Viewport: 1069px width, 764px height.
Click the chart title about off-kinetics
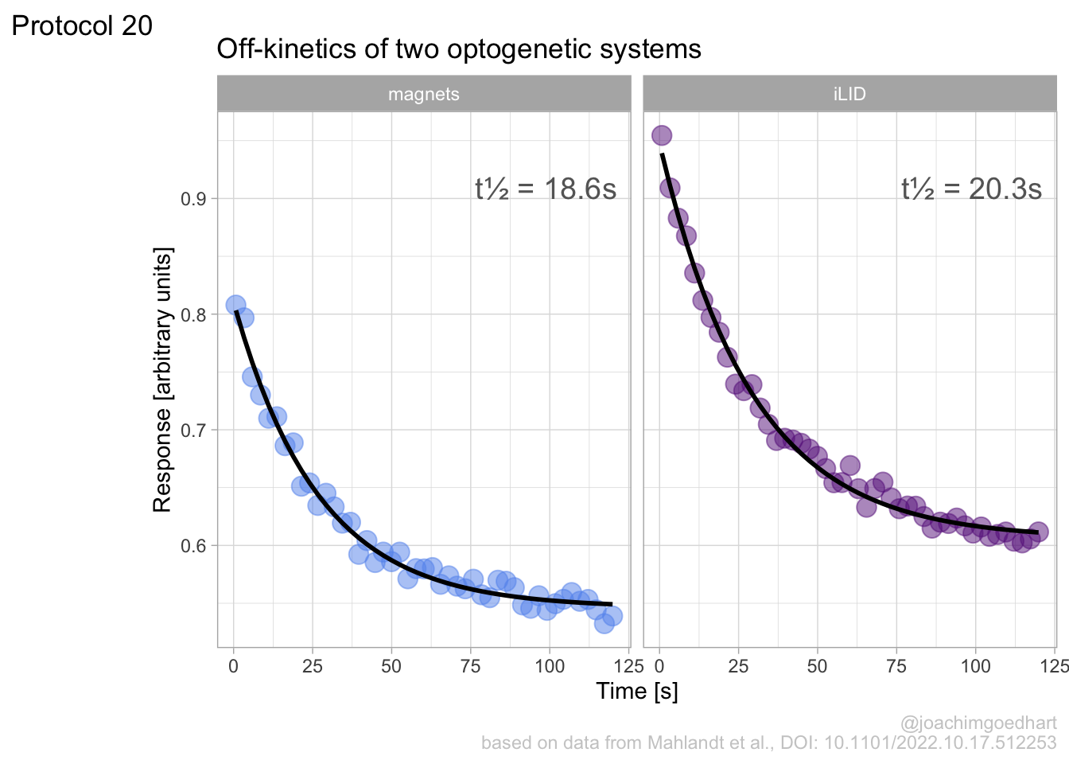click(459, 49)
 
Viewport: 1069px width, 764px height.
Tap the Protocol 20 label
click(82, 25)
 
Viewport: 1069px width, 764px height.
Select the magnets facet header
click(424, 94)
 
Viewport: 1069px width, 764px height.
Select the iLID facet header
click(849, 94)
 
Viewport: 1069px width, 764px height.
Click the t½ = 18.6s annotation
click(546, 189)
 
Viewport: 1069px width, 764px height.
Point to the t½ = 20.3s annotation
click(971, 189)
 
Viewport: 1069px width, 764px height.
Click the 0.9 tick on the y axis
click(193, 199)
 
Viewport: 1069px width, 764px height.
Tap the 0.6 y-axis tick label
click(193, 546)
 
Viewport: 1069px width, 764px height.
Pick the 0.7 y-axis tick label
click(193, 431)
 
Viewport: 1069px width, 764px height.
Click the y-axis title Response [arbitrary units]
click(162, 380)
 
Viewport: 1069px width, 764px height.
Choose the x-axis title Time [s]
click(637, 691)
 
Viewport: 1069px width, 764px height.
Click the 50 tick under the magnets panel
click(391, 666)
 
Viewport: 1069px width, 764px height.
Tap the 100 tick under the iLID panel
click(976, 666)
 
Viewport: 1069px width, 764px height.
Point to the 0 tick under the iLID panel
click(659, 666)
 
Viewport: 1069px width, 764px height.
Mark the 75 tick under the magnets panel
click(470, 666)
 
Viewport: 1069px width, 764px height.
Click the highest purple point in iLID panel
click(662, 135)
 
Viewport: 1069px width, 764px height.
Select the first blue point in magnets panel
click(235, 305)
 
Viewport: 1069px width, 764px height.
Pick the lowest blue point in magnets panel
click(604, 622)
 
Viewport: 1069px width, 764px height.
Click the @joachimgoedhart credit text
click(978, 723)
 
